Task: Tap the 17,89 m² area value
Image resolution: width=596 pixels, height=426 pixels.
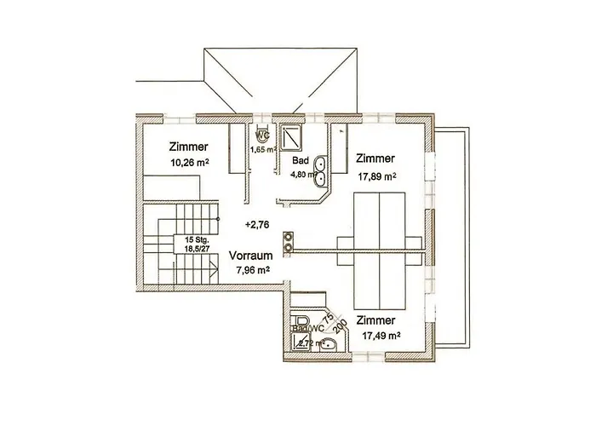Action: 376,176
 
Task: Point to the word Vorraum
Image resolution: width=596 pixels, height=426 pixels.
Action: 251,255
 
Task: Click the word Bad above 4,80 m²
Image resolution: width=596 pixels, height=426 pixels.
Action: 300,159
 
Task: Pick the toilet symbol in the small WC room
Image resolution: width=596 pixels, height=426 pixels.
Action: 262,135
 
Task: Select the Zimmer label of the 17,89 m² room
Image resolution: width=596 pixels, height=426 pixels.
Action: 375,158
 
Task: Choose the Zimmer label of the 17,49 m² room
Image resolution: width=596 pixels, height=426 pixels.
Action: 375,319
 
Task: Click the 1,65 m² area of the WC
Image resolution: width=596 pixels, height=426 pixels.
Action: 262,150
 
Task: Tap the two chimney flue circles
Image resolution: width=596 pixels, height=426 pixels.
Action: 289,241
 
